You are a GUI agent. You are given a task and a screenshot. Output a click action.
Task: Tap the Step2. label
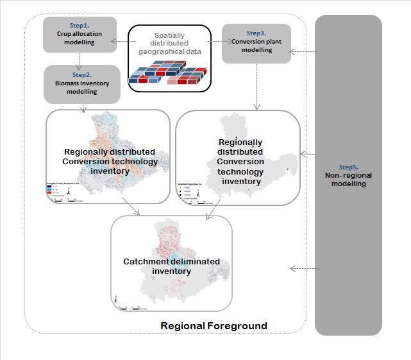81,75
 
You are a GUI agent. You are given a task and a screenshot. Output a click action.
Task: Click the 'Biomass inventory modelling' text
81,87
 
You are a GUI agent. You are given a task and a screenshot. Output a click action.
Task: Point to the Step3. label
256,31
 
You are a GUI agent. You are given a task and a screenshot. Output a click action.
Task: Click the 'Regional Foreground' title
213,326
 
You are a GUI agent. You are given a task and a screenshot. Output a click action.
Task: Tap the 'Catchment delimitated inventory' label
171,266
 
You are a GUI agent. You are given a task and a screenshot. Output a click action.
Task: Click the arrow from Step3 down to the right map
257,86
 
